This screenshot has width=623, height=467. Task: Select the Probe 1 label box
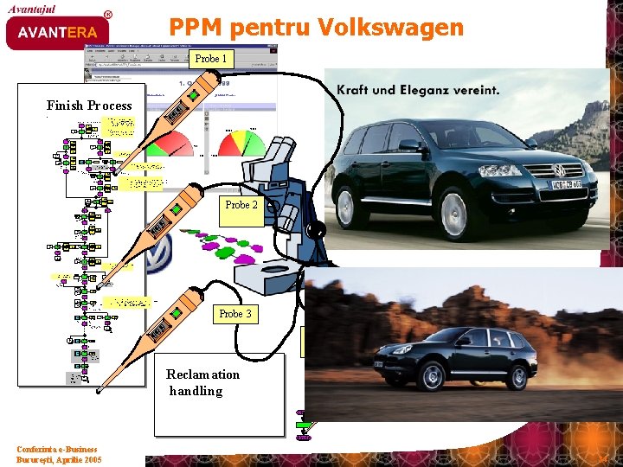click(211, 59)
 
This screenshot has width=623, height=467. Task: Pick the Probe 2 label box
click(241, 206)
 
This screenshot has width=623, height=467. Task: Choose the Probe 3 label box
click(235, 314)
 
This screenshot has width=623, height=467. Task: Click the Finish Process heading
click(89, 106)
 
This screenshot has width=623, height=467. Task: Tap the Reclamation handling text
click(202, 382)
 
